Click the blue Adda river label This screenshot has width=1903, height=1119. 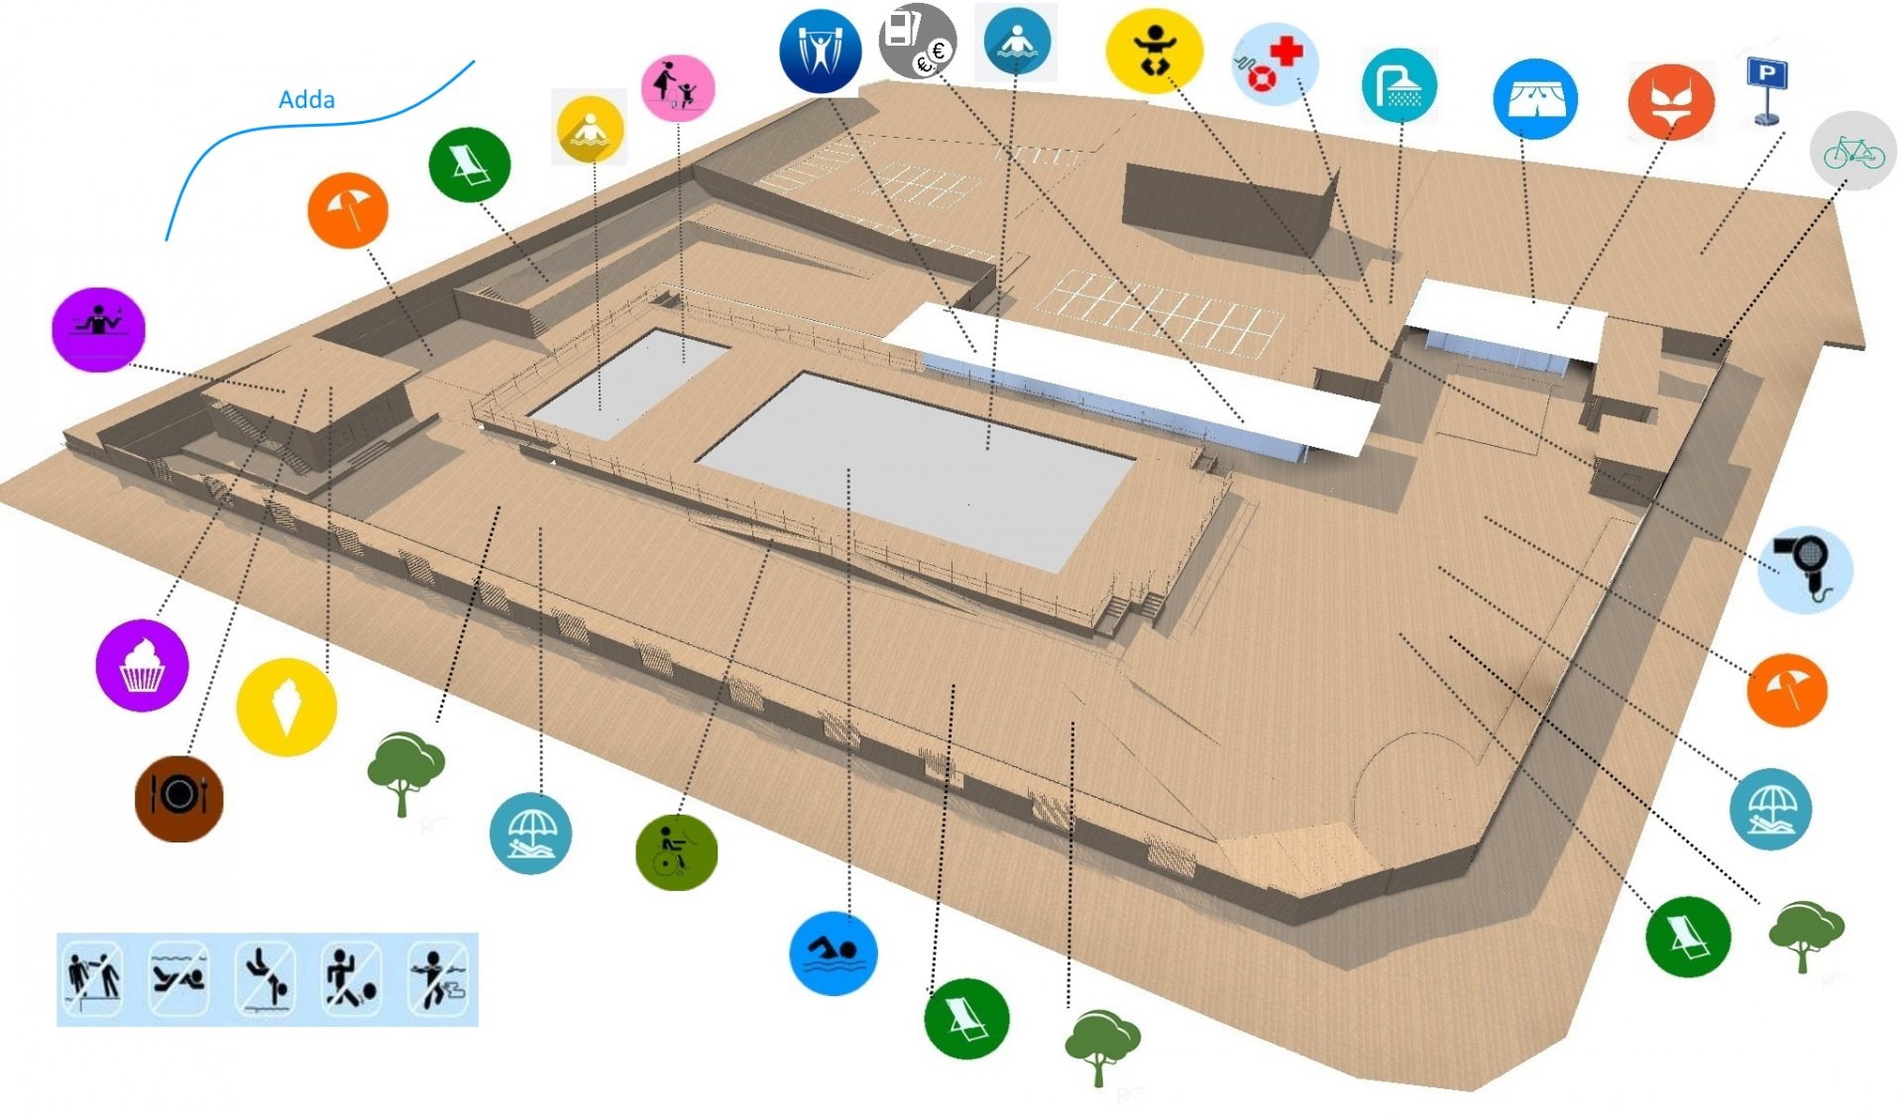click(x=306, y=100)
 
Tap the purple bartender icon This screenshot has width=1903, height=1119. click(x=98, y=329)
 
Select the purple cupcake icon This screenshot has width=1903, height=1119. click(x=142, y=665)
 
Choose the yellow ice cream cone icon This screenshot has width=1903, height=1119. click(x=286, y=708)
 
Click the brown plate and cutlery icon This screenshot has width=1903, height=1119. click(x=179, y=798)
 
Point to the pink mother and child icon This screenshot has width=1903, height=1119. click(x=678, y=88)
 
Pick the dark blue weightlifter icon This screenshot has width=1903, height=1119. click(x=820, y=52)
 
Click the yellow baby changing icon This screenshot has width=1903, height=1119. click(x=1155, y=52)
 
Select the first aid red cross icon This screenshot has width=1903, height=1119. click(x=1275, y=63)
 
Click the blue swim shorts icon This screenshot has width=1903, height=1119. click(x=1535, y=99)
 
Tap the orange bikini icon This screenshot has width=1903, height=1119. click(x=1671, y=102)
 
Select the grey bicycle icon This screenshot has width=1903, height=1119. click(x=1853, y=151)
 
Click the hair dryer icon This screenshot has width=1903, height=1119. click(x=1805, y=569)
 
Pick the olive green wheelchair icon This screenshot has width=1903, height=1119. click(x=676, y=851)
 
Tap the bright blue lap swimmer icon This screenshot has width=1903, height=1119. click(x=834, y=953)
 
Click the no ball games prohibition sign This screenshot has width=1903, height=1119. click(x=352, y=979)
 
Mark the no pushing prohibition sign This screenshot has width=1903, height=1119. click(x=94, y=979)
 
